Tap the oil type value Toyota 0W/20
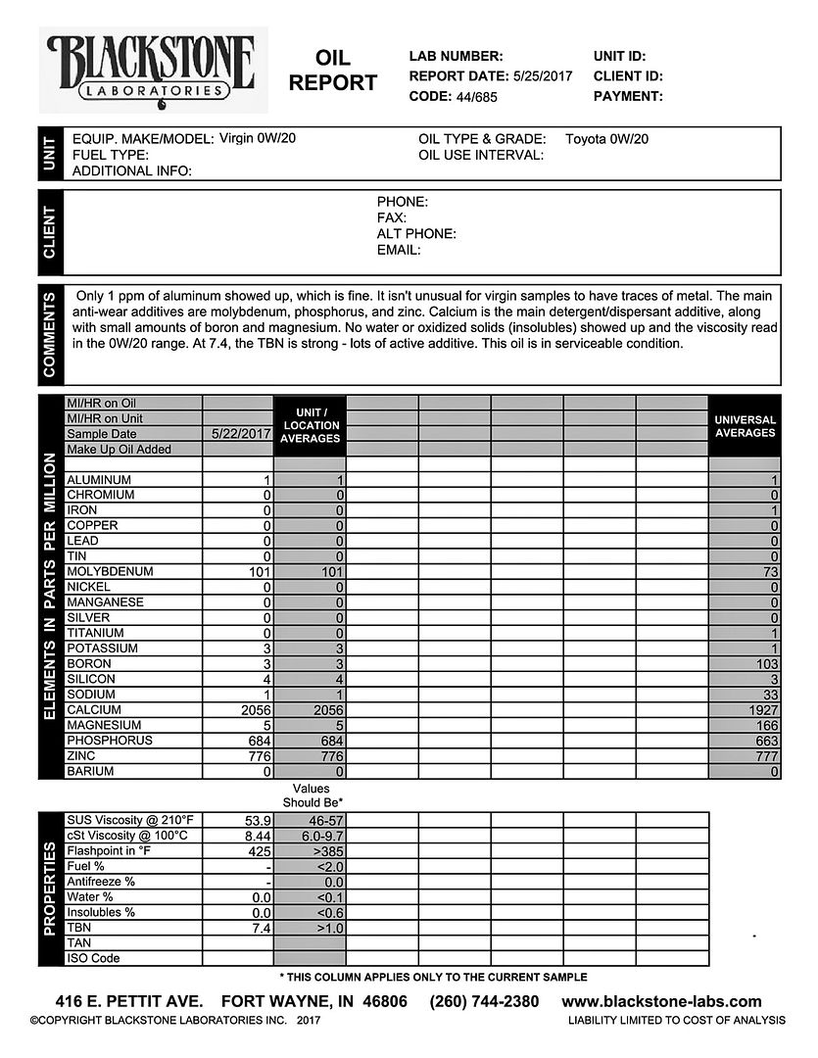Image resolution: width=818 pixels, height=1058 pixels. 606,139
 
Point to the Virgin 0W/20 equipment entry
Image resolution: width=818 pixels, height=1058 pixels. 258,138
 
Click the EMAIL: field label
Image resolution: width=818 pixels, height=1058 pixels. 399,250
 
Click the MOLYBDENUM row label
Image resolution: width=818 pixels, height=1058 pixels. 110,572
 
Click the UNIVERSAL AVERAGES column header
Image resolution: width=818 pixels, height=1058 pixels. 745,426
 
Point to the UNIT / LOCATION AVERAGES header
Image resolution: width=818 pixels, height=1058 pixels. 311,426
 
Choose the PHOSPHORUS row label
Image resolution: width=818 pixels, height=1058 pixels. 110,741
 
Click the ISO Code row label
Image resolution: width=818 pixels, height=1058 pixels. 93,958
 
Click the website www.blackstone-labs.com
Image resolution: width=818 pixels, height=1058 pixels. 661,1001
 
